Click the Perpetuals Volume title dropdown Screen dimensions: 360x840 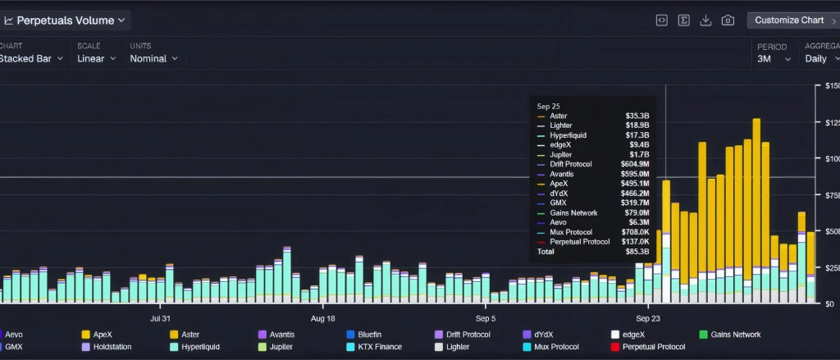pos(66,20)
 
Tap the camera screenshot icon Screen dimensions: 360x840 pos(728,21)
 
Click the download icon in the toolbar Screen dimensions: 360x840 pos(705,21)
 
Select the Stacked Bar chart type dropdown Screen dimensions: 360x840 pos(31,58)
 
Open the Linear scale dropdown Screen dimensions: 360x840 pos(96,58)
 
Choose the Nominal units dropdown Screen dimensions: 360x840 pos(153,58)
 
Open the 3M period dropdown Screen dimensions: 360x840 pos(774,58)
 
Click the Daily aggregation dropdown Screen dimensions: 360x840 pos(821,58)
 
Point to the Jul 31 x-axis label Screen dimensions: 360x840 pos(161,318)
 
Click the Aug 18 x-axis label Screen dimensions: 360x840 pos(323,318)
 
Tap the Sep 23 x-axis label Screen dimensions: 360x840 pos(649,318)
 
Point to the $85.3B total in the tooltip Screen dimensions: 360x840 pos(637,252)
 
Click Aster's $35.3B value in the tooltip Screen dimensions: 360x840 pos(637,116)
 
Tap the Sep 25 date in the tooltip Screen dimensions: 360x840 pos(548,106)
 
